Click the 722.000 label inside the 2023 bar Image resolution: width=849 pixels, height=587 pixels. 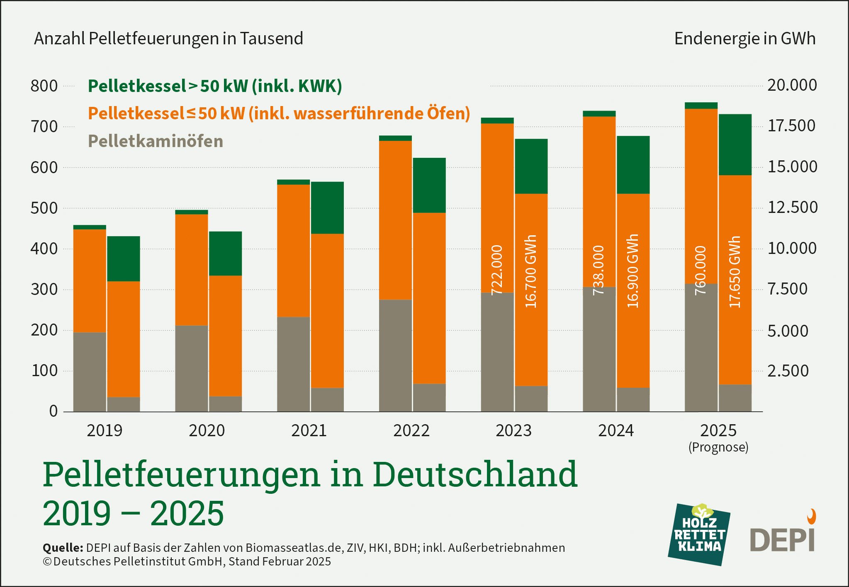(497, 270)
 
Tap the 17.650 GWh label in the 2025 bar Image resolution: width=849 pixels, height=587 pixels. (735, 272)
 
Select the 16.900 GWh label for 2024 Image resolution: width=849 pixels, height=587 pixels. (632, 271)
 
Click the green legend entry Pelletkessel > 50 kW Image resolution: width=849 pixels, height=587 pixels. (215, 86)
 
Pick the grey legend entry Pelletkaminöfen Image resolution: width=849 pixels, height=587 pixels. (156, 141)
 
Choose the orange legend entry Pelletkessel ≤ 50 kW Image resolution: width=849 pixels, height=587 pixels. (279, 114)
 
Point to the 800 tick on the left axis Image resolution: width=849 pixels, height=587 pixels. (44, 86)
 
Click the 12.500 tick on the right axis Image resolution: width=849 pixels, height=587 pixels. (792, 207)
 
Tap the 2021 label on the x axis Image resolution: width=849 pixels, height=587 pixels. (309, 431)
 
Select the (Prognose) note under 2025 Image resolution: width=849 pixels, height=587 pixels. (718, 447)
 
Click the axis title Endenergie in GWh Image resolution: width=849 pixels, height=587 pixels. (744, 39)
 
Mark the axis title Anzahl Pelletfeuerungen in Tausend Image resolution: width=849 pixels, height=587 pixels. (168, 39)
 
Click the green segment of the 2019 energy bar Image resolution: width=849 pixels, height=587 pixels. (124, 259)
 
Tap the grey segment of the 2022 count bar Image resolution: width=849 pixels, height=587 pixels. (395, 355)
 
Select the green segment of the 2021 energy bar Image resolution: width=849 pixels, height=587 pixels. (327, 208)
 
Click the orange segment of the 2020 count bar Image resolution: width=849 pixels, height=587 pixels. (192, 270)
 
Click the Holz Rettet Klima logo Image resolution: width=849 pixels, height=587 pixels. (699, 534)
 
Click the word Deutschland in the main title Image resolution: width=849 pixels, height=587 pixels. (475, 474)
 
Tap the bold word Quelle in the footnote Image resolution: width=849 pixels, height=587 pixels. (63, 548)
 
